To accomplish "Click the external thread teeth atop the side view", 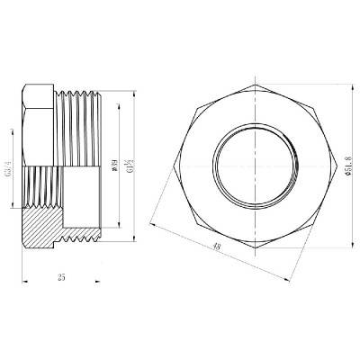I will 81,89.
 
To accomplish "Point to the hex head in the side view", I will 38,117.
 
